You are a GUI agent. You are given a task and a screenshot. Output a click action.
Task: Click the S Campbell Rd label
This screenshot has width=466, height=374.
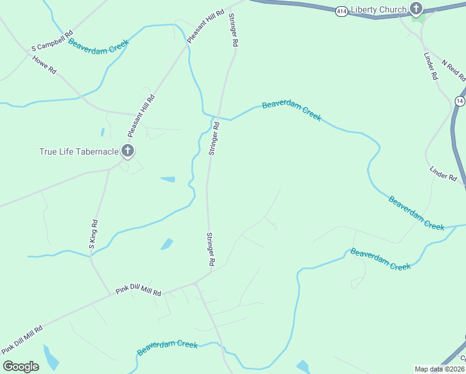tap(53, 41)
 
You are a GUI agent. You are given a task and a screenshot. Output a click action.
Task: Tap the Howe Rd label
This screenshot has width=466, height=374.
tap(44, 65)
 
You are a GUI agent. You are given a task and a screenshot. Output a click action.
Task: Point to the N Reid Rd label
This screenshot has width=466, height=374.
tap(453, 70)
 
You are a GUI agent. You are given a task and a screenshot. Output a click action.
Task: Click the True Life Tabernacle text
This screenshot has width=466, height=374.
tap(78, 151)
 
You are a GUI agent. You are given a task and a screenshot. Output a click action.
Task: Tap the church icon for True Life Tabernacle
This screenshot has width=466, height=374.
tap(128, 150)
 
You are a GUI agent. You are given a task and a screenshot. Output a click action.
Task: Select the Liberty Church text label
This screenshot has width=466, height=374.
tap(378, 9)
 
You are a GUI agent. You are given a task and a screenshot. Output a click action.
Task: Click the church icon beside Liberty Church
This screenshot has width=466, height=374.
tap(416, 9)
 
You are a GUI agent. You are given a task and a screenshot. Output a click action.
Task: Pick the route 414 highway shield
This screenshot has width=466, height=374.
tap(341, 12)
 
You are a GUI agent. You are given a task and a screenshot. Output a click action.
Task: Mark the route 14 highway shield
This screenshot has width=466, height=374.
tap(460, 100)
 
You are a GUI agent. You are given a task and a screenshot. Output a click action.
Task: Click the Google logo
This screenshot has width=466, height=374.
tap(21, 367)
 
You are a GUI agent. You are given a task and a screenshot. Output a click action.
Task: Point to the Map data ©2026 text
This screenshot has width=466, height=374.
tap(439, 369)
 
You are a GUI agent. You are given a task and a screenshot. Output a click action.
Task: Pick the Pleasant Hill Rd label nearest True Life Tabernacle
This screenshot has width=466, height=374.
tap(141, 116)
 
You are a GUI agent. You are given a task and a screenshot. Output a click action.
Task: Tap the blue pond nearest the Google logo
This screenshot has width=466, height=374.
tap(50, 358)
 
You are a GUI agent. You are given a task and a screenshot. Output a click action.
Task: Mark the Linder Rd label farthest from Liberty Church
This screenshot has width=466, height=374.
tap(443, 173)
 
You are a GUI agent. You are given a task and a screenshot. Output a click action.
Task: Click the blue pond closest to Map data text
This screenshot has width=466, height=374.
tap(303, 367)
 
